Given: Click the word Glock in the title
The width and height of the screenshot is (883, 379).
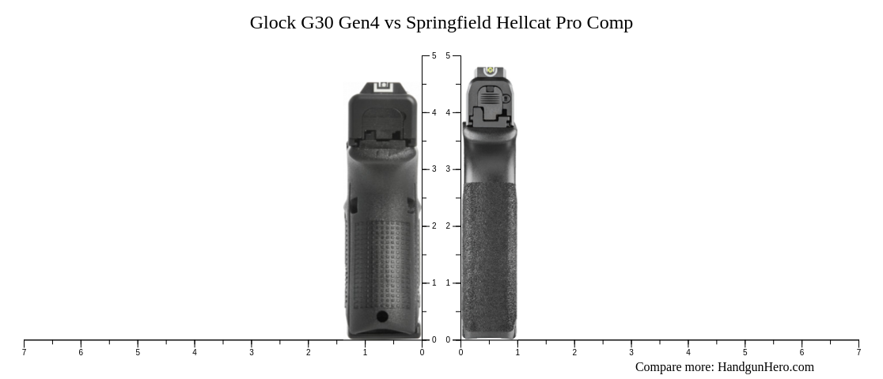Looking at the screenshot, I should pyautogui.click(x=272, y=23).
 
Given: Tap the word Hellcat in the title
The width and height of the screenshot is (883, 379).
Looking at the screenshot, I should pyautogui.click(x=523, y=23).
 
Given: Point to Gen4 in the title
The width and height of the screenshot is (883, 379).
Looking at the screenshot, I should pyautogui.click(x=358, y=23).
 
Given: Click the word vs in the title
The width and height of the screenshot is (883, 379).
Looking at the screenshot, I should pyautogui.click(x=392, y=23).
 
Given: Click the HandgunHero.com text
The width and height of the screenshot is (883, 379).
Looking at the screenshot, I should pyautogui.click(x=765, y=367).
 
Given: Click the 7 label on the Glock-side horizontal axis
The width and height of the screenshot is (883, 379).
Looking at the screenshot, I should pyautogui.click(x=24, y=352).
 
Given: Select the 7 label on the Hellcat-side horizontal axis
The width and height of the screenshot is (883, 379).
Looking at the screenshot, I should pyautogui.click(x=858, y=352).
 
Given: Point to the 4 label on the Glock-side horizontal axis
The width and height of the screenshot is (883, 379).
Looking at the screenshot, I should pyautogui.click(x=195, y=352).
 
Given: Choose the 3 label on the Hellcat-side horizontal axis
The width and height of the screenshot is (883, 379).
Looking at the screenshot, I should pyautogui.click(x=631, y=352).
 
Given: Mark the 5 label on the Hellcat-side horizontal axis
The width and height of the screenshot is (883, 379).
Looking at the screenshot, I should pyautogui.click(x=745, y=352).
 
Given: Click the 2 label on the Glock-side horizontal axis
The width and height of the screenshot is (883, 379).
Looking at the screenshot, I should pyautogui.click(x=309, y=352).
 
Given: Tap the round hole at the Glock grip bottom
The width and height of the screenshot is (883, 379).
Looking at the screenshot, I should pyautogui.click(x=382, y=316).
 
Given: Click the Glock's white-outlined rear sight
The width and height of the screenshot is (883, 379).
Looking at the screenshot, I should pyautogui.click(x=383, y=88).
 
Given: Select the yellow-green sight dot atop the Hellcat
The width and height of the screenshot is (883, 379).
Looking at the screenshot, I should pyautogui.click(x=489, y=71).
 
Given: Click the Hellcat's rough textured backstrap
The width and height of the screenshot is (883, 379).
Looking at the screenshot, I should pyautogui.click(x=489, y=253).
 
